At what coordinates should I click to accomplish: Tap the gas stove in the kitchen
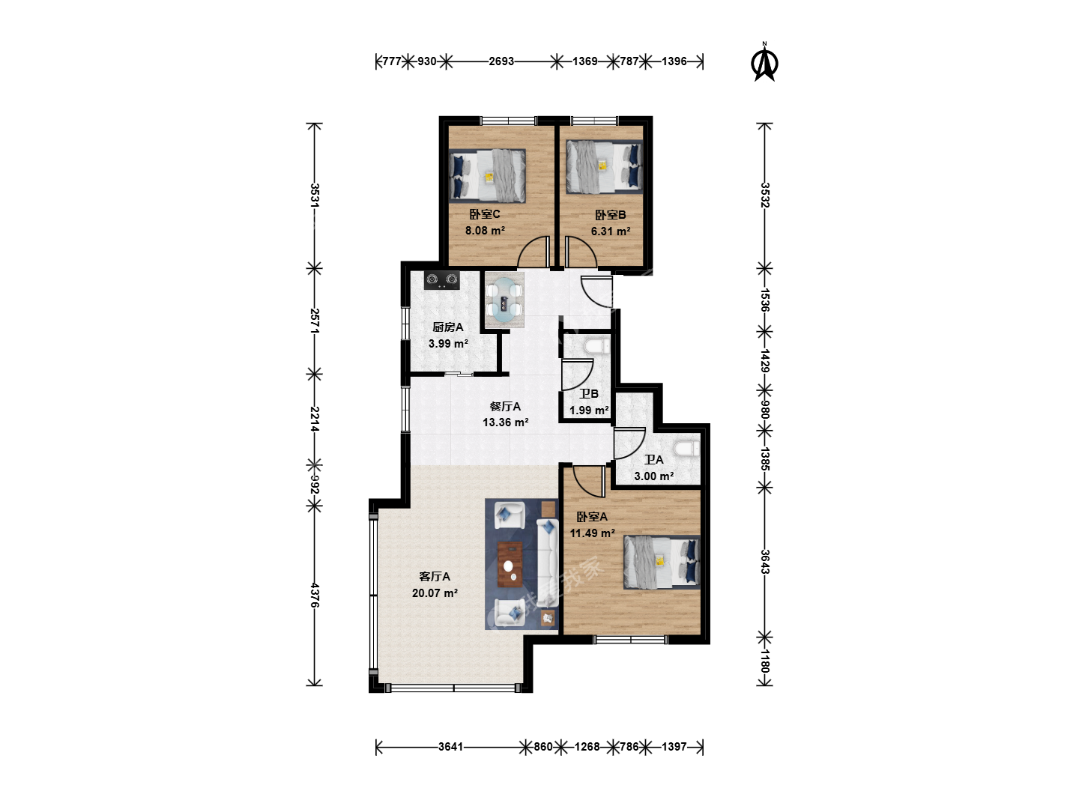coord(442,280)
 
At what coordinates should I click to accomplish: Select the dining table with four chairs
coord(504,300)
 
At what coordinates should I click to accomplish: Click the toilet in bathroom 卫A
coord(686,449)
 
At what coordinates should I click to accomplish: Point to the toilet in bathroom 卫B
coord(596,346)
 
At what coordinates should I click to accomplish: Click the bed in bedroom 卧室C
coord(487,176)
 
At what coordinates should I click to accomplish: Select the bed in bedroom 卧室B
coord(604,166)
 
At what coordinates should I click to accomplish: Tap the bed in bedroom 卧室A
coord(662,562)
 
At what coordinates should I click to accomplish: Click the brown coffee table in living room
coord(510,564)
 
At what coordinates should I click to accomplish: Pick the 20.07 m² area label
coord(435,593)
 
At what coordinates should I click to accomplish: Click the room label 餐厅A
coord(505,406)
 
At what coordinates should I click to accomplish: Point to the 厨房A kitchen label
coord(448,327)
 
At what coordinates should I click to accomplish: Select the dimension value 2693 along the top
coord(501,61)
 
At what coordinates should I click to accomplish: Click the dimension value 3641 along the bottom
coord(451,747)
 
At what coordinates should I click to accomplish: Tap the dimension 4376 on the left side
coord(315,595)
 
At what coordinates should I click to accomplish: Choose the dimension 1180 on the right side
coord(764,661)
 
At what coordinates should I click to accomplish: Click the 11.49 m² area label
coord(592,533)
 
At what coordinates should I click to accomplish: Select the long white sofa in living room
coord(547,563)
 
